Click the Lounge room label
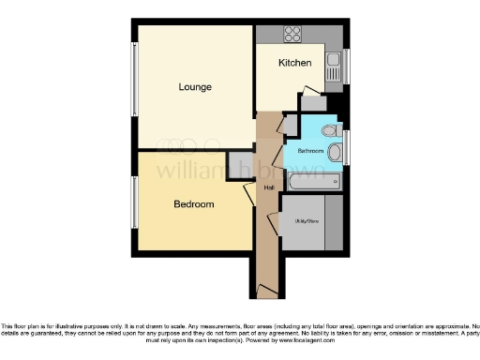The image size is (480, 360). (196, 87)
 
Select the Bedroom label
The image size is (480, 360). (194, 203)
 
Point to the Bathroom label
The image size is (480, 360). (310, 150)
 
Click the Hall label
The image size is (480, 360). (269, 187)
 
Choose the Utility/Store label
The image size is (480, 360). (307, 221)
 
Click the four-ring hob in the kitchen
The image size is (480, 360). (292, 36)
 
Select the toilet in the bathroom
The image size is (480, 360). (328, 130)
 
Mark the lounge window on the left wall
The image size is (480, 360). (134, 83)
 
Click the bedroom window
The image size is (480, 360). (134, 202)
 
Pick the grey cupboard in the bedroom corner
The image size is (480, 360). (240, 164)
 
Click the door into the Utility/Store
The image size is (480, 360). (275, 223)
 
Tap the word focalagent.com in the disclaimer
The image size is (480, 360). (309, 341)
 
